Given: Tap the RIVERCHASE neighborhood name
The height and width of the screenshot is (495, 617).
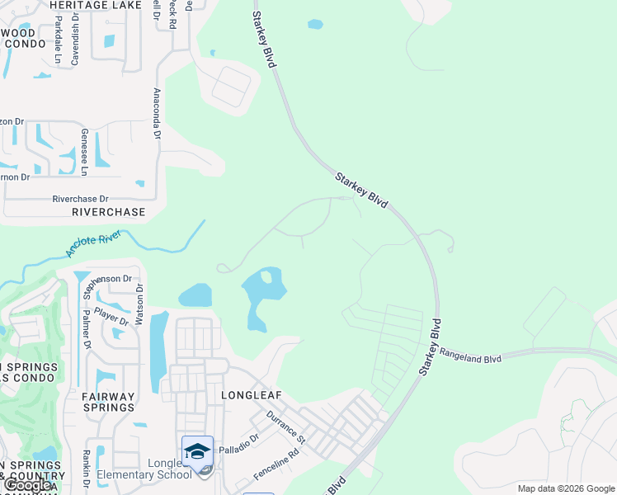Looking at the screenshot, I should [109, 212].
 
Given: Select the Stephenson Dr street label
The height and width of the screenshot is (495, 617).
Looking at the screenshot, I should [102, 279].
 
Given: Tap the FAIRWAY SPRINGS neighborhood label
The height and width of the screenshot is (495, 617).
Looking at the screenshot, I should [108, 402].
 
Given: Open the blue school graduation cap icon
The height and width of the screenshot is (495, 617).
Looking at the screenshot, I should [197, 451].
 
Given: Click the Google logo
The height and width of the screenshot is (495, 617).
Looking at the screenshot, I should [27, 485].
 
